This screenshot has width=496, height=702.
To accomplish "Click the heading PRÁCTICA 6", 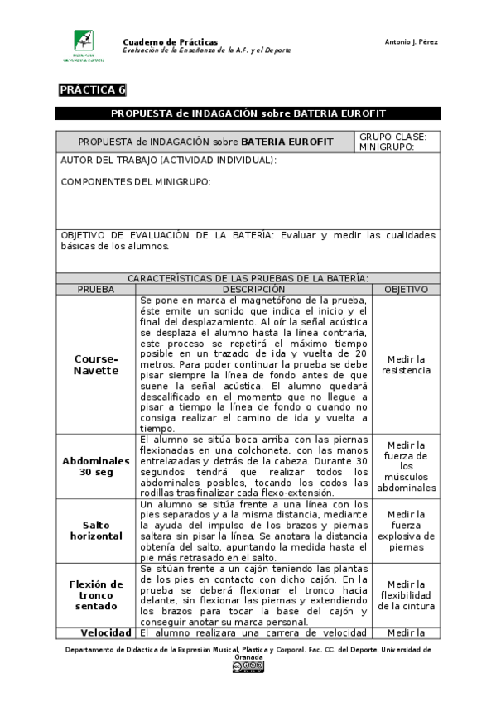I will (x=92, y=90).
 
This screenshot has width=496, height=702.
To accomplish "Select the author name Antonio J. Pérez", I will (x=412, y=42).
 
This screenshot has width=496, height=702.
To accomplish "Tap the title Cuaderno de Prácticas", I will (x=170, y=41).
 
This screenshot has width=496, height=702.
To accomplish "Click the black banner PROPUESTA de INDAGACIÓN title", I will (x=248, y=113).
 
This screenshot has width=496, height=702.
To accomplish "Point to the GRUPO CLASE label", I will (x=392, y=137).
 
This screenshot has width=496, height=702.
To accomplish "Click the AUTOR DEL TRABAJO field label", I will (x=169, y=161).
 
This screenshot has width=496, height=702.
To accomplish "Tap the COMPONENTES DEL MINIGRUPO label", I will (x=136, y=182).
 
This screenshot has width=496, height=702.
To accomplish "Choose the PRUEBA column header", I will (x=96, y=290).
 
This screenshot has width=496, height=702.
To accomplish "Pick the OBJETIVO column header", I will (x=406, y=290).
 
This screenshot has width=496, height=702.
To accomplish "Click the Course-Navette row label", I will (x=96, y=365).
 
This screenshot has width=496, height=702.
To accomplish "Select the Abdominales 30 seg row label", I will (x=96, y=466).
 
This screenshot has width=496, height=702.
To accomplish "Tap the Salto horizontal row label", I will (x=96, y=530).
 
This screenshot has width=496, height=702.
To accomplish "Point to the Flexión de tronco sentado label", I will (x=96, y=595).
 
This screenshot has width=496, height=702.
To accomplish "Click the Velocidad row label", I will (x=96, y=633).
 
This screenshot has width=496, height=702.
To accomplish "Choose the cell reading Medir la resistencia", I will (x=406, y=365).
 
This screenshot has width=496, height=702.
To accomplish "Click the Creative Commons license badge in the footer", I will (x=248, y=666).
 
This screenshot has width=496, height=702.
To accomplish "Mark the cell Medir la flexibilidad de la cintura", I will (x=406, y=595).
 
